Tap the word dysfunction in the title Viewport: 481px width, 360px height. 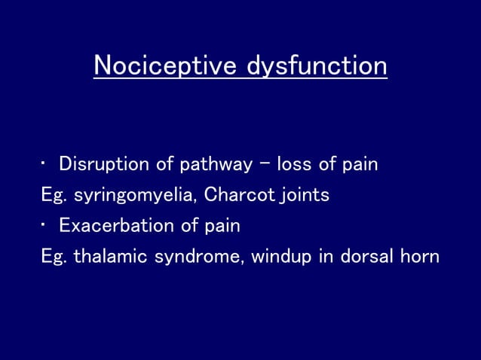point(317,66)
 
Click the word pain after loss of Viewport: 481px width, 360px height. point(359,164)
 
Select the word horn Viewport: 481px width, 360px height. point(421,256)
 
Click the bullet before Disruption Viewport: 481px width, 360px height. point(44,163)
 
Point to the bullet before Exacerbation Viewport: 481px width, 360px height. point(44,225)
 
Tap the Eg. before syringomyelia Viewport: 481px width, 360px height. point(54,195)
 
